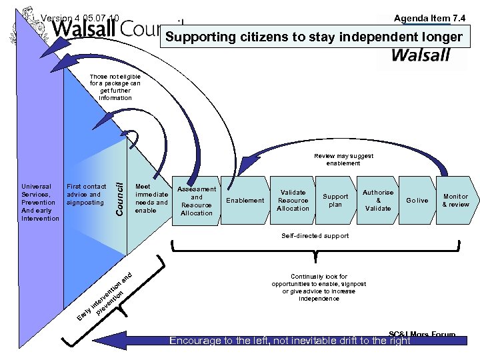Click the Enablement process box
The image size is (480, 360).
click(x=245, y=200)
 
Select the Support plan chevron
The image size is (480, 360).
click(x=335, y=201)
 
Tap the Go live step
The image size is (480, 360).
click(x=417, y=200)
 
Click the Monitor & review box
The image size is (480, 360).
click(x=456, y=200)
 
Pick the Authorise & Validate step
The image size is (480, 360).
click(x=378, y=200)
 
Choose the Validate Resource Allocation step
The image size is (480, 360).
click(x=293, y=200)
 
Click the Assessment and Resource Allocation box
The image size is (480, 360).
click(x=197, y=201)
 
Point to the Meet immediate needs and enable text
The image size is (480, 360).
click(x=151, y=199)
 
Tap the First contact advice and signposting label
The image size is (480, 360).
click(x=86, y=195)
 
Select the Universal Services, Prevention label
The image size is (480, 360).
click(x=40, y=202)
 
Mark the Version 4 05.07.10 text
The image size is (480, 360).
click(x=80, y=18)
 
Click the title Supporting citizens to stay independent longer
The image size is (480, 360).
click(x=313, y=37)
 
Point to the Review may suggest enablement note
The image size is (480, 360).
click(x=343, y=159)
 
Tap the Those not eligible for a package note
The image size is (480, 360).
click(x=115, y=87)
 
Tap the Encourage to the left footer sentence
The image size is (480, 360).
click(x=290, y=341)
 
